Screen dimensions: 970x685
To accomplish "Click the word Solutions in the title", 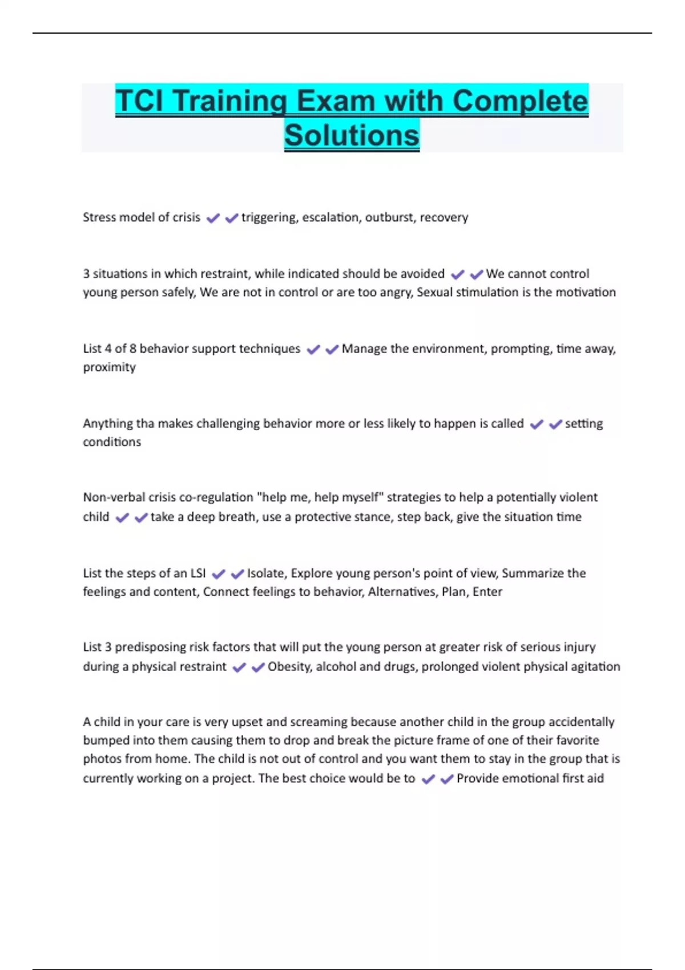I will [352, 136].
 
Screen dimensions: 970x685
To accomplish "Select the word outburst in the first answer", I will [390, 217].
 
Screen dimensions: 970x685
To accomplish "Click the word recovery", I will [444, 217].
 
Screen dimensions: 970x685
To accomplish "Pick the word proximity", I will [109, 367].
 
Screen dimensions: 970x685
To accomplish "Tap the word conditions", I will [111, 442].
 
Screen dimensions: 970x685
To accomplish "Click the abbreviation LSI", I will [198, 573].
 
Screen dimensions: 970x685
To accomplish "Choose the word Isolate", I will [267, 573].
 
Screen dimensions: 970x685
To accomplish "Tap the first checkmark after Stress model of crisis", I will [213, 218].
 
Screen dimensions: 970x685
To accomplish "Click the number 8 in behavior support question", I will [132, 349].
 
